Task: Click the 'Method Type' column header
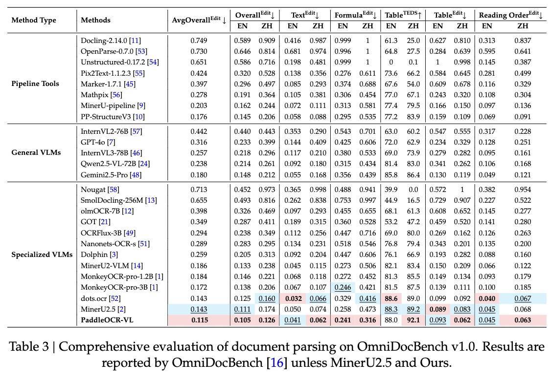[34, 20]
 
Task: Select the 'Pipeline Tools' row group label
[35, 84]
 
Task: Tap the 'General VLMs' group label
[36, 152]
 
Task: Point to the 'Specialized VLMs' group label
[42, 254]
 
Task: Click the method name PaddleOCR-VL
[107, 320]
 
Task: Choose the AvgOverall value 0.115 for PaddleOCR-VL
[199, 320]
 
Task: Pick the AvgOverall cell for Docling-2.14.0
[199, 40]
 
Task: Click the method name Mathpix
[94, 94]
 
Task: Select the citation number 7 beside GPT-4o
[113, 142]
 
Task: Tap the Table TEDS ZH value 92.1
[413, 320]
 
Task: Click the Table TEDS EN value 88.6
[391, 298]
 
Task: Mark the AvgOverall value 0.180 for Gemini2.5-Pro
[199, 174]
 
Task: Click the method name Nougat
[93, 189]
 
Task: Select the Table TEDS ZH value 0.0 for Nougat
[413, 189]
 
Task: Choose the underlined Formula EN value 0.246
[343, 287]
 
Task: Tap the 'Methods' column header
[95, 20]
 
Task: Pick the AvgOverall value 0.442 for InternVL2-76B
[199, 131]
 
